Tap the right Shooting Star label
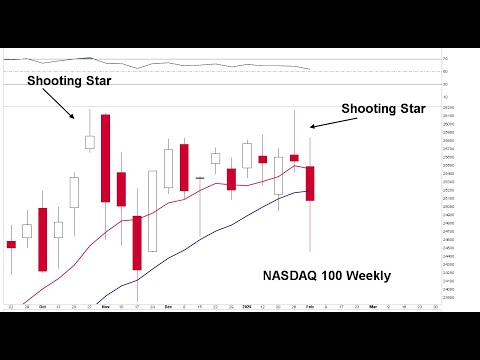click(x=383, y=108)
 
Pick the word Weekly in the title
click(x=368, y=275)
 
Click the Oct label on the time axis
click(x=42, y=306)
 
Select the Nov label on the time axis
click(x=105, y=306)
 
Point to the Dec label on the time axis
click(x=168, y=306)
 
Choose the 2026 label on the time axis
click(x=246, y=306)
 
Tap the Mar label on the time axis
click(x=373, y=306)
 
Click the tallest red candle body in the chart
click(x=105, y=158)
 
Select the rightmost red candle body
click(x=310, y=183)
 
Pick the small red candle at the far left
click(x=11, y=244)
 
